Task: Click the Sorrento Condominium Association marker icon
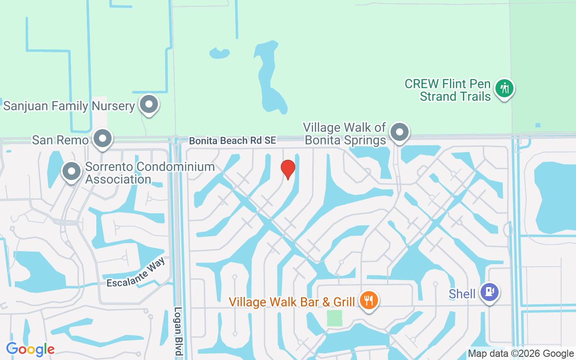[71, 171]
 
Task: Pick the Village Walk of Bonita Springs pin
[399, 132]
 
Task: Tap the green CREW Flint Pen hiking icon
[504, 88]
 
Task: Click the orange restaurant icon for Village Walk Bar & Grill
[369, 300]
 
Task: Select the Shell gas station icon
[489, 292]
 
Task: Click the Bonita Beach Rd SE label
[232, 141]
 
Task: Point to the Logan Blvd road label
[179, 331]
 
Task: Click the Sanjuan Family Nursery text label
[69, 106]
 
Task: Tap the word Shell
[462, 294]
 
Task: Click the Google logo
[30, 349]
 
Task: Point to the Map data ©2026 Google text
[521, 354]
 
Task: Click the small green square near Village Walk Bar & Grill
[334, 318]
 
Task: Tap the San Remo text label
[60, 140]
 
